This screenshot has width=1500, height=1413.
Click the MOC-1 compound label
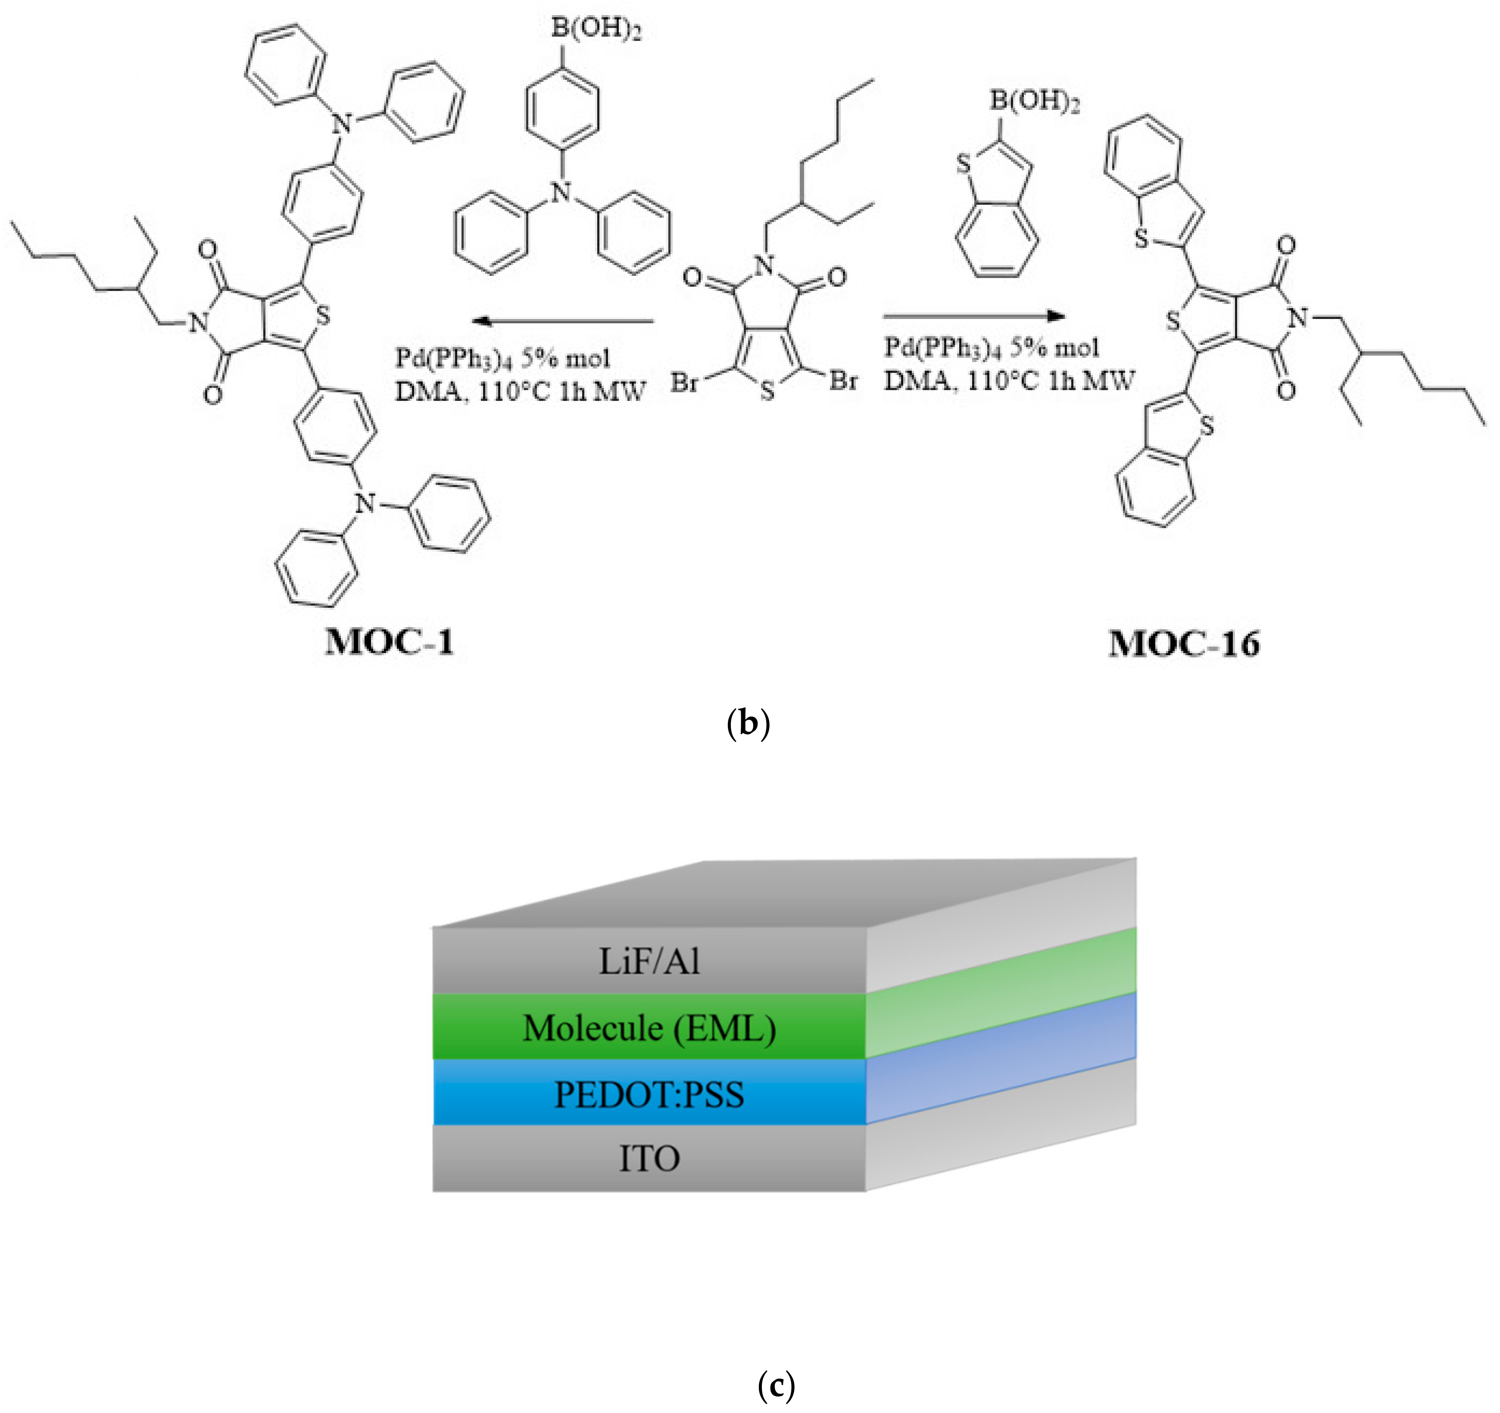[x=390, y=642]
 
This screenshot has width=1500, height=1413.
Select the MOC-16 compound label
[x=1183, y=644]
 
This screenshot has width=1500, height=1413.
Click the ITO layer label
[x=649, y=1159]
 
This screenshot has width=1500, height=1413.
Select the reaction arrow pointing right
[x=973, y=316]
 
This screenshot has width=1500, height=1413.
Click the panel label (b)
[x=748, y=723]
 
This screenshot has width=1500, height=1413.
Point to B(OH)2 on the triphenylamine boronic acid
[x=596, y=29]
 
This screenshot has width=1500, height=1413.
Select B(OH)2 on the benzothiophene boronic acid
[x=1035, y=100]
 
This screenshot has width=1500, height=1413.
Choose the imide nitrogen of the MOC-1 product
[x=198, y=323]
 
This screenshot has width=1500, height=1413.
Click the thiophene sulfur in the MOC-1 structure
[x=323, y=315]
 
